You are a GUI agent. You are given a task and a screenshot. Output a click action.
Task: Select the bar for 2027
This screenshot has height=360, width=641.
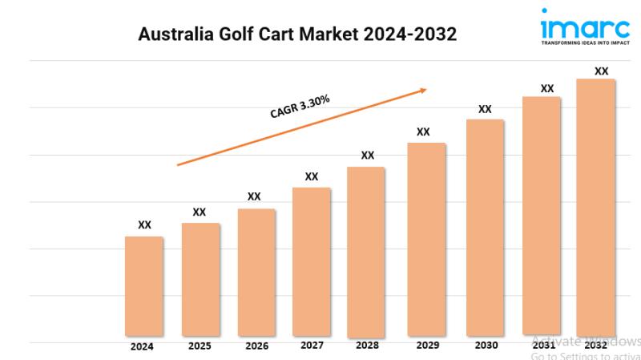312,261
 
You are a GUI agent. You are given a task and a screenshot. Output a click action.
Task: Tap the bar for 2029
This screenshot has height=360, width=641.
426,238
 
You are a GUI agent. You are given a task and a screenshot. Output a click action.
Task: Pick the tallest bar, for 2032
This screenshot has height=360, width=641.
596,206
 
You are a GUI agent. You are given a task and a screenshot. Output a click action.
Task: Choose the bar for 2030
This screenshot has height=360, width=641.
485,227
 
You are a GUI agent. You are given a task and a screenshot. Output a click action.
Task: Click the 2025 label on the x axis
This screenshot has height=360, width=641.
200,347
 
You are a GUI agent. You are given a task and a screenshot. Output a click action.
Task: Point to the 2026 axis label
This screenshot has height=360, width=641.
256,347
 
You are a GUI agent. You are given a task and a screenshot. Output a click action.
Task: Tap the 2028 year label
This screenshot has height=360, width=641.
368,346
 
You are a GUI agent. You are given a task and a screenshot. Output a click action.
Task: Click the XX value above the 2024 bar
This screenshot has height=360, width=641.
144,225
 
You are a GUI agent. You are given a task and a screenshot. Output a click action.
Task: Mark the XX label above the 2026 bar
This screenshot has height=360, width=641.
254,196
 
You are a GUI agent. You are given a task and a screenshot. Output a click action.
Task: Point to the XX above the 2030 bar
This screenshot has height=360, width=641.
485,109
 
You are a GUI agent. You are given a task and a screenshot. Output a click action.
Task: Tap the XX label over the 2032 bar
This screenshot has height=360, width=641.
601,71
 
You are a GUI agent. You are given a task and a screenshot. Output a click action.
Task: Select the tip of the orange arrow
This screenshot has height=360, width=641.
426,90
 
